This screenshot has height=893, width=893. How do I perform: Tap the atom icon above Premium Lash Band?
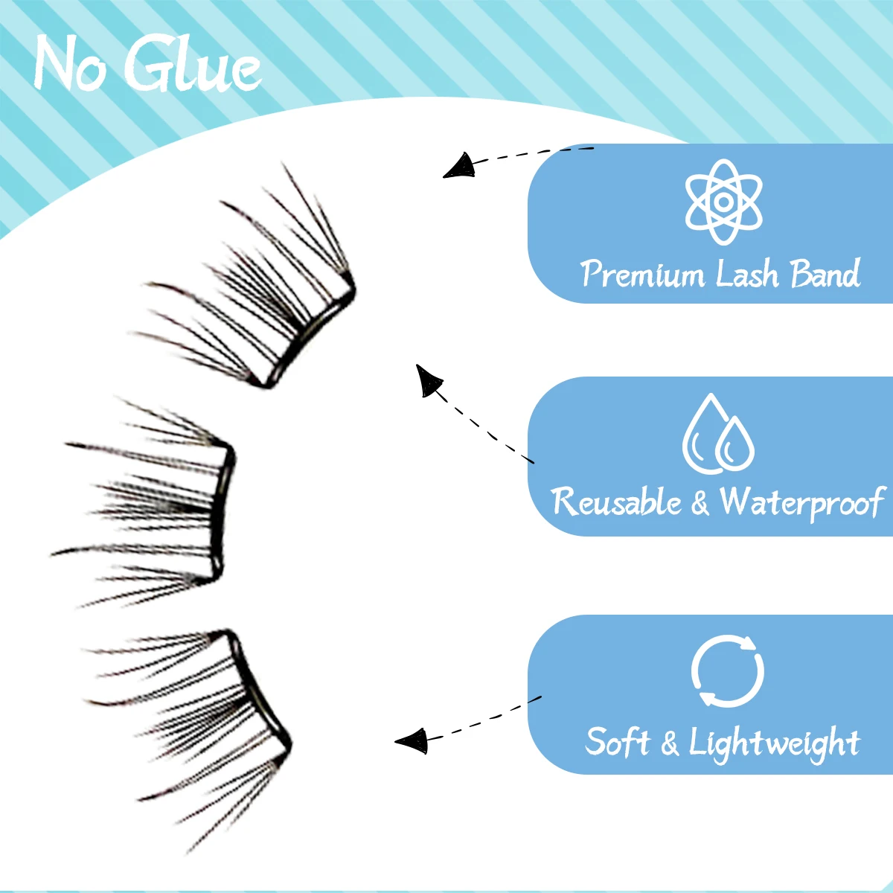point(723,202)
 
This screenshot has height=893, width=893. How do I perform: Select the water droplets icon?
point(718,435)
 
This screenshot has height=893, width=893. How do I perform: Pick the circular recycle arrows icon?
point(727,671)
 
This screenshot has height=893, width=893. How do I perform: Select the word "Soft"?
point(617,742)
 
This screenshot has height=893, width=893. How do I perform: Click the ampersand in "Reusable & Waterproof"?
point(700,504)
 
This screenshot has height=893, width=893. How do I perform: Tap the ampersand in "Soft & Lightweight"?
point(669,743)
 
